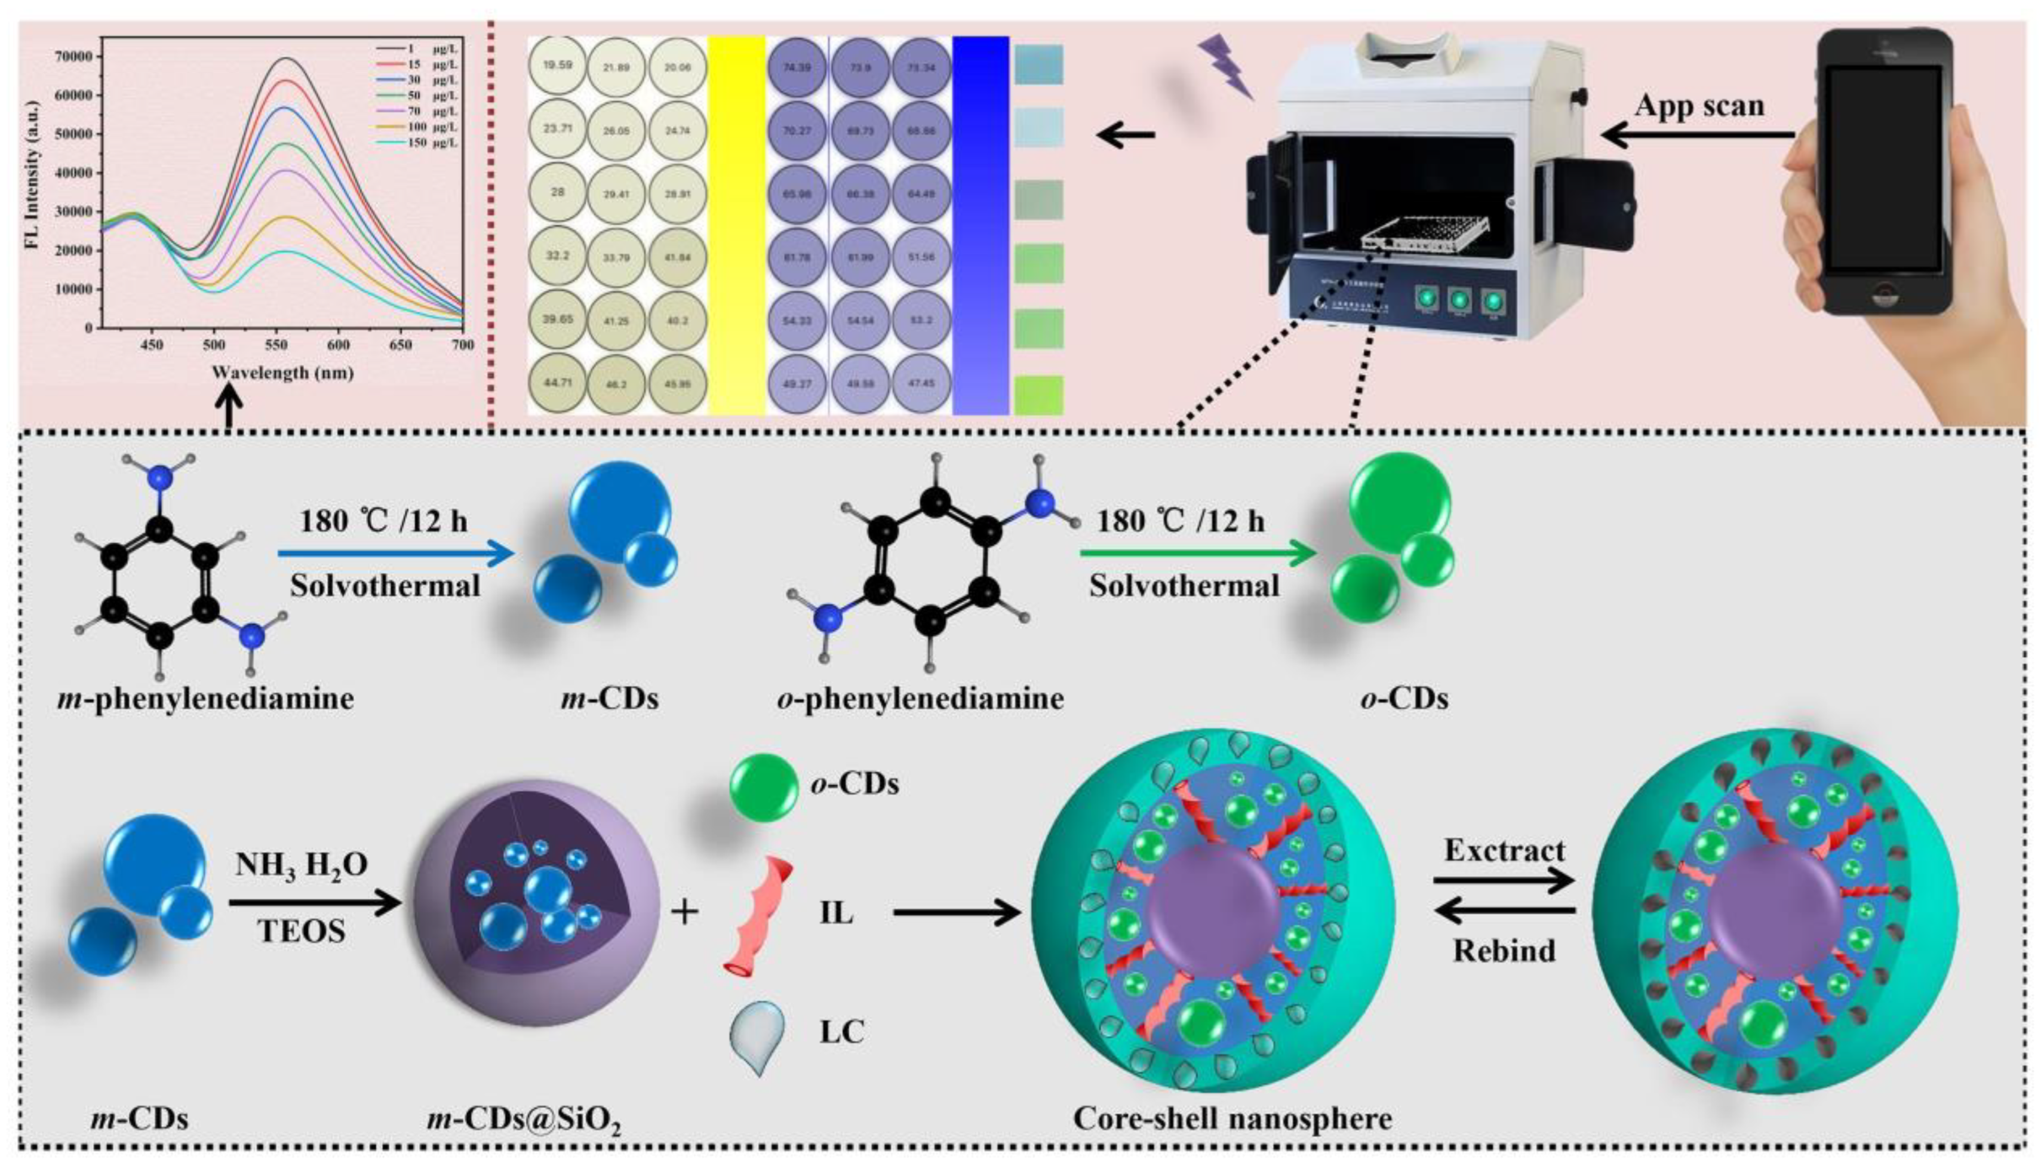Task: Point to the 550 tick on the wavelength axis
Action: tap(276, 345)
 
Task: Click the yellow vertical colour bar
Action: tap(736, 225)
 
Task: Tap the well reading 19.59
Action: tap(557, 66)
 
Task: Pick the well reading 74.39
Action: tap(797, 67)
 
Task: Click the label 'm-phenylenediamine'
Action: tap(205, 699)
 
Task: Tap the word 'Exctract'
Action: tap(1505, 850)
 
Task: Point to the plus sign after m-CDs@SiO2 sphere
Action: tap(684, 912)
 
